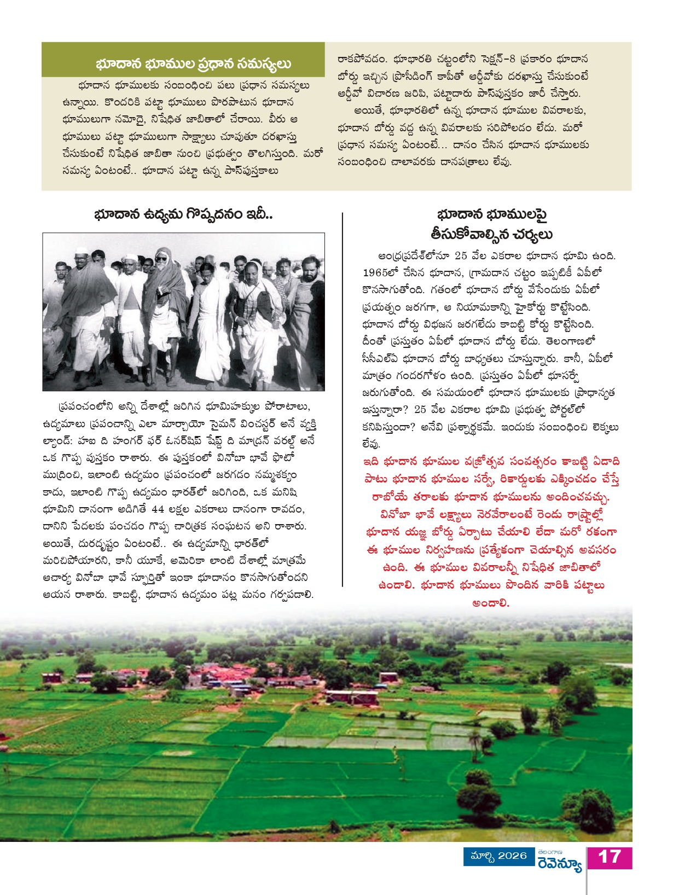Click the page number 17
click(x=610, y=857)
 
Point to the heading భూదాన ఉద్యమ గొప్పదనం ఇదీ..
click(x=183, y=214)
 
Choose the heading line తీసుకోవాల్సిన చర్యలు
click(x=491, y=235)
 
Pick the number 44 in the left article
click(x=158, y=509)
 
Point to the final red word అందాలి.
click(x=491, y=603)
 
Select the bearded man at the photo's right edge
click(x=307, y=306)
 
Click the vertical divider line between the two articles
click(x=343, y=399)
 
